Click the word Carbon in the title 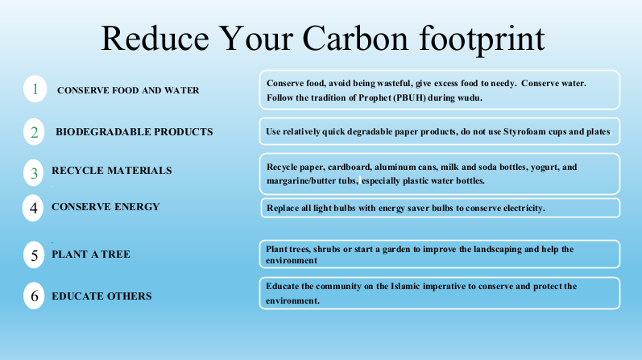(x=355, y=38)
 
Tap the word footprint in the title (x=482, y=40)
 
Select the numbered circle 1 (x=35, y=89)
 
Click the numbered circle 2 (x=34, y=132)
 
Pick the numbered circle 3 (x=34, y=173)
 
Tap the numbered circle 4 (x=33, y=208)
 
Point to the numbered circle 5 (x=34, y=254)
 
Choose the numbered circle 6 (x=34, y=296)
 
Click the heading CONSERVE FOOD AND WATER (x=128, y=90)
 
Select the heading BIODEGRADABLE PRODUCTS (x=135, y=132)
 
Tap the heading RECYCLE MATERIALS (x=112, y=171)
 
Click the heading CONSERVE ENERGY (x=106, y=206)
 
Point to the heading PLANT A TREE (x=91, y=254)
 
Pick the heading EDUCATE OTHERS (x=101, y=296)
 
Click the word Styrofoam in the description (x=523, y=132)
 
